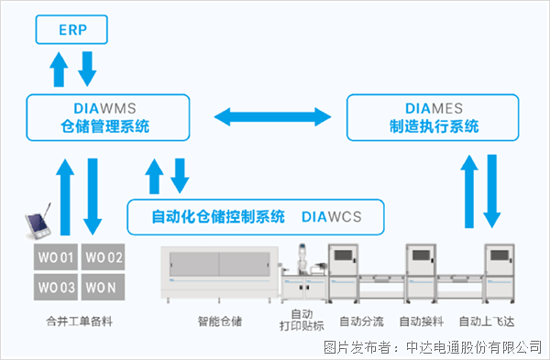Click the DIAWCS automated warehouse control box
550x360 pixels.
pos(255,218)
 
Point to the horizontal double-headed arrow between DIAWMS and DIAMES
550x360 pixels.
pos(272,116)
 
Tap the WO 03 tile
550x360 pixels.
pos(55,287)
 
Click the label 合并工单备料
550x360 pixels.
pos(79,322)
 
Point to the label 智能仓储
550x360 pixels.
pos(219,322)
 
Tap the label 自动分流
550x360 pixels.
pos(361,322)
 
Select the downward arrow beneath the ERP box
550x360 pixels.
pos(88,67)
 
